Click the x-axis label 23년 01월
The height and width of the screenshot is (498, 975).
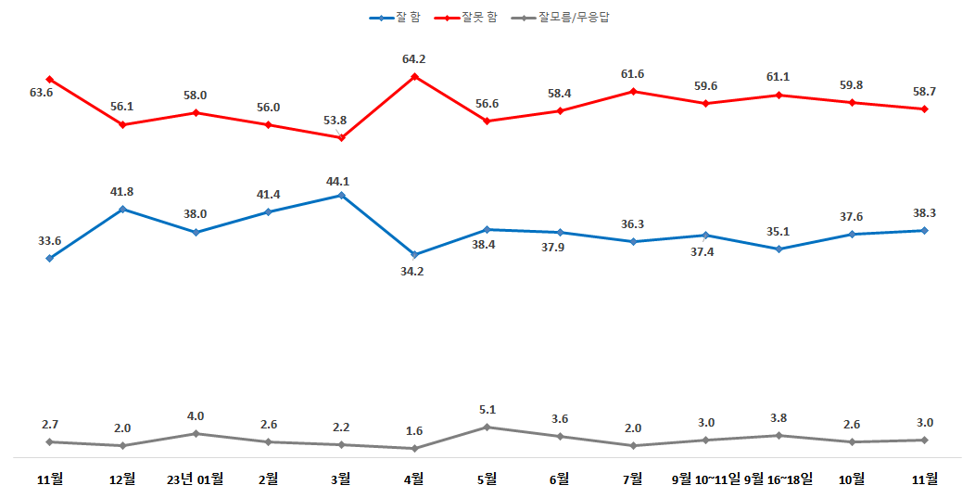195,479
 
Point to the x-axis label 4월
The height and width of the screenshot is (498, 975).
414,479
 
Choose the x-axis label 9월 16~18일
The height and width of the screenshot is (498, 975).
779,479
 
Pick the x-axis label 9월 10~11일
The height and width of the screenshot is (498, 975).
706,479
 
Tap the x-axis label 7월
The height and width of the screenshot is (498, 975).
633,479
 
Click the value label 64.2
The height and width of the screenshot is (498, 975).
414,59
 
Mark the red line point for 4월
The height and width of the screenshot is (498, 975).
414,76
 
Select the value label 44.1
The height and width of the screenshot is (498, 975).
341,182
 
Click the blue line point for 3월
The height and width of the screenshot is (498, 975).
342,196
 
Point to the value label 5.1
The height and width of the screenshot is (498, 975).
487,409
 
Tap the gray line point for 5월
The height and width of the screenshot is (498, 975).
487,427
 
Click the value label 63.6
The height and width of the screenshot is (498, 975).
42,93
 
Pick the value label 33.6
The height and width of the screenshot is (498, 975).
49,241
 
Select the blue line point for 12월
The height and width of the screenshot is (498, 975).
122,209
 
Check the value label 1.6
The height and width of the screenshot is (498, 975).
414,431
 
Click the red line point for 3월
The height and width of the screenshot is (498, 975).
342,137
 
